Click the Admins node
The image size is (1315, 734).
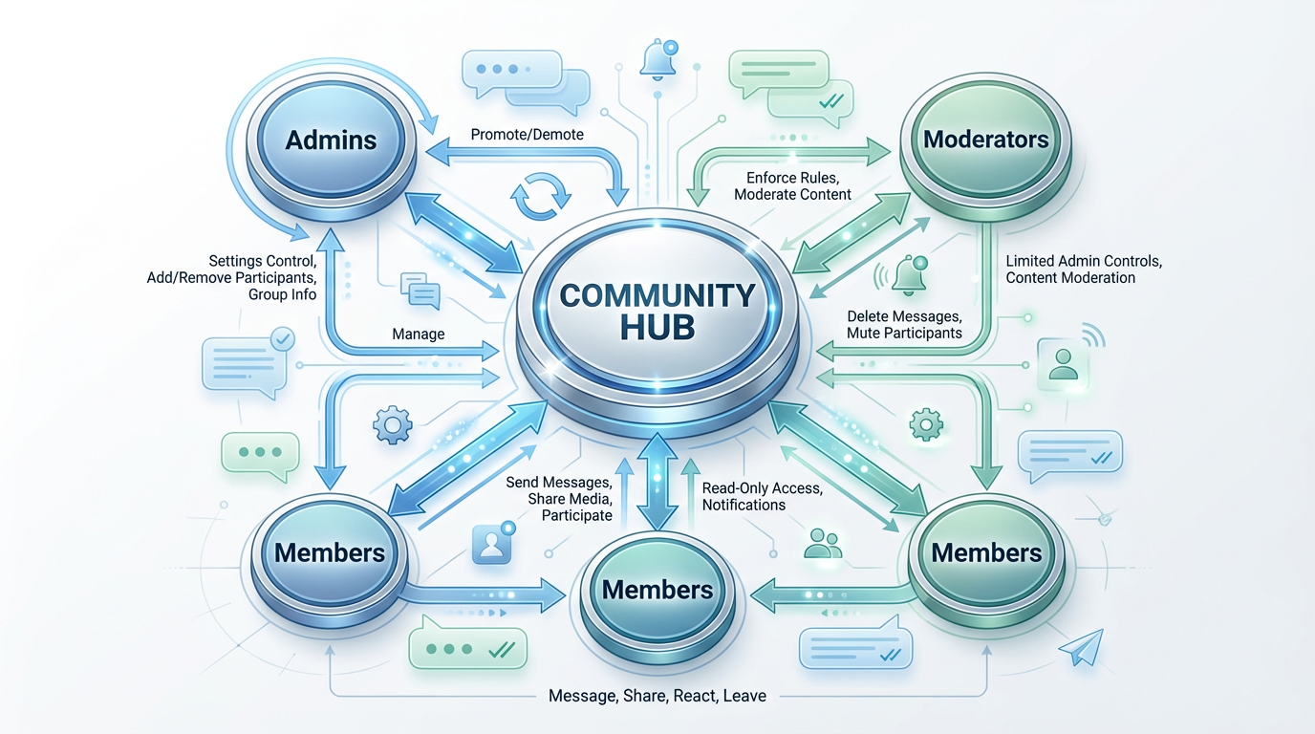tap(331, 140)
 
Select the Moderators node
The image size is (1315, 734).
tap(985, 140)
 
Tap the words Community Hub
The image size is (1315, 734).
tap(657, 311)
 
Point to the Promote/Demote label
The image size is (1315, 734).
tap(527, 135)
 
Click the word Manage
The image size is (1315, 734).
tap(419, 335)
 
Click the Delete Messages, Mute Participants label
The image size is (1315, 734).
tap(904, 324)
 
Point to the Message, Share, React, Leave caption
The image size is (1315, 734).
tap(657, 696)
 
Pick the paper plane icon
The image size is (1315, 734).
tap(1081, 647)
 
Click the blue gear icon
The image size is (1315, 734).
tap(392, 423)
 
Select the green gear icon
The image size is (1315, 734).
tap(925, 423)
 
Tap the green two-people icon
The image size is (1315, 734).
tap(823, 543)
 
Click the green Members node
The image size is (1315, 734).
tap(986, 553)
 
